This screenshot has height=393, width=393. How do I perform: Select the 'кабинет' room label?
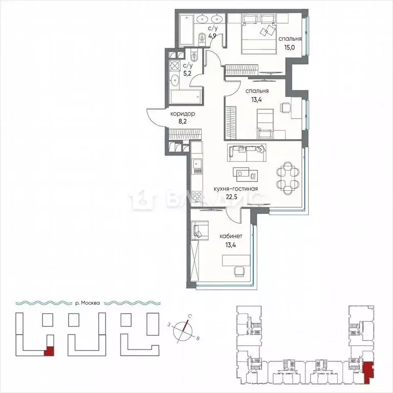231,236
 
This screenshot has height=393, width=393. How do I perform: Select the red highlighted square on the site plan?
50,351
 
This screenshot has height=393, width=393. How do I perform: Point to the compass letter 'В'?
198,338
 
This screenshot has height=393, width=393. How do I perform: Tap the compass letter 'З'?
168,324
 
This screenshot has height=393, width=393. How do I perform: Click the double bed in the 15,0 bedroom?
258,31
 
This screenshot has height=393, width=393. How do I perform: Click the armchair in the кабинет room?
200,231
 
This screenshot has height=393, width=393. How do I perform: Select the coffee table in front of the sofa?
242,171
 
